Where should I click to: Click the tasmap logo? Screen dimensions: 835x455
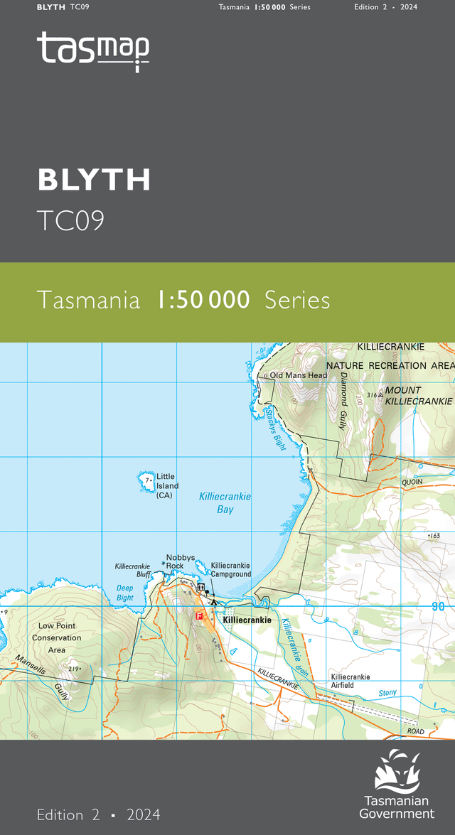click(x=93, y=50)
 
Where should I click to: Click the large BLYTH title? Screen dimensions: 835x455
click(x=94, y=181)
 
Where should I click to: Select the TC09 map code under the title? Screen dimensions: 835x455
click(x=70, y=221)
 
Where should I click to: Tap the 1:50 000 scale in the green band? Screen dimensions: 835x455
click(x=203, y=300)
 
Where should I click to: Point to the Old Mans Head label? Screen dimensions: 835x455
click(x=298, y=375)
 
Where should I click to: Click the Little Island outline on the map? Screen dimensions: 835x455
click(x=146, y=483)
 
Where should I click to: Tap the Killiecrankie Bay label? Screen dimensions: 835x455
click(x=225, y=503)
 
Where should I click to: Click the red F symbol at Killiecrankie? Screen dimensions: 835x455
click(x=200, y=616)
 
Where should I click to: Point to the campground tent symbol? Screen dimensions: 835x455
click(x=214, y=603)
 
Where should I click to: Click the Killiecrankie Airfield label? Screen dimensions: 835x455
click(x=350, y=681)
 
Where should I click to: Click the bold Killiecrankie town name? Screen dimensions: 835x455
click(x=247, y=620)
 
